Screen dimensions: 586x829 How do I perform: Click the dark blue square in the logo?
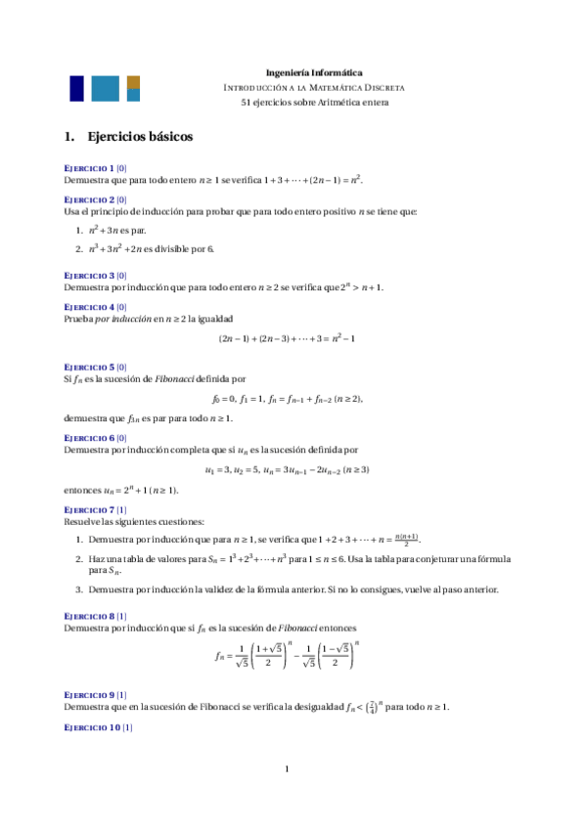(x=75, y=88)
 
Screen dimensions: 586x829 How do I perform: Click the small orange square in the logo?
(x=133, y=81)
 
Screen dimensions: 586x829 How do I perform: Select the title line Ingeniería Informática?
(x=314, y=72)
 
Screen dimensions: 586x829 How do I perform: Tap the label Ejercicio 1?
(x=88, y=168)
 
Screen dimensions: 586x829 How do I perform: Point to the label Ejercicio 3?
(x=88, y=276)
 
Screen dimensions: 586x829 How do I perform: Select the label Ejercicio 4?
(x=88, y=307)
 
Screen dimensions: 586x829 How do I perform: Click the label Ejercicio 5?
(x=88, y=367)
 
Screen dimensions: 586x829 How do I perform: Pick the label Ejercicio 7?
(x=88, y=510)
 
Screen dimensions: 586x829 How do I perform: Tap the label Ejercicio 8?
(x=88, y=616)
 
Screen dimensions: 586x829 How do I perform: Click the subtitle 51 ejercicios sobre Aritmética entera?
(x=314, y=102)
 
